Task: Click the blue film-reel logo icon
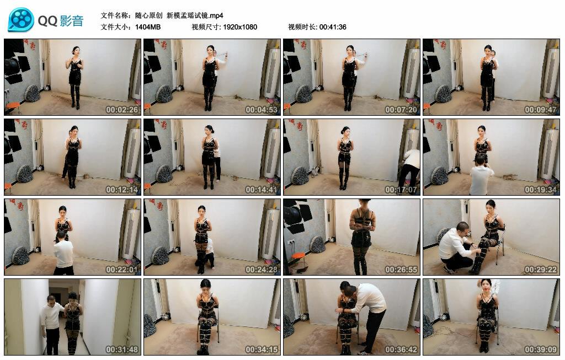[21, 20]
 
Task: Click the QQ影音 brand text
[61, 21]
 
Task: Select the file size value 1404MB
[148, 27]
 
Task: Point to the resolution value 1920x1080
[240, 27]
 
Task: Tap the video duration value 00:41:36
[333, 27]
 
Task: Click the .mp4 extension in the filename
[216, 15]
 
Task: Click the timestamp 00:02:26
[122, 110]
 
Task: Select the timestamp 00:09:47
[541, 110]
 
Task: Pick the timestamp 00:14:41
[261, 190]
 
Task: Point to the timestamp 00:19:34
[541, 190]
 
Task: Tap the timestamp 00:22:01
[122, 270]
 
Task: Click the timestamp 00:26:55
[401, 270]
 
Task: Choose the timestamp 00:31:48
[122, 350]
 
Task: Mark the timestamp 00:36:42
[401, 350]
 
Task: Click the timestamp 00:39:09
[541, 350]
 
